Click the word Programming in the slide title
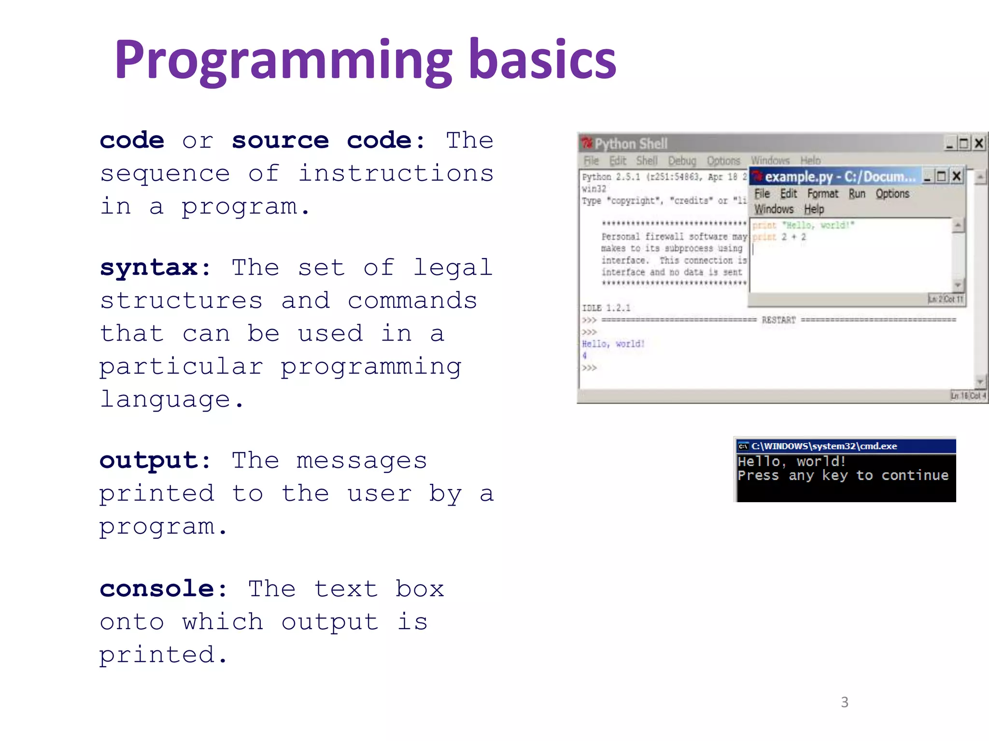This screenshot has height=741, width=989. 283,60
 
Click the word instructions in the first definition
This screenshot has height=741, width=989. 396,173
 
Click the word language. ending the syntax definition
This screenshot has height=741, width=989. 172,399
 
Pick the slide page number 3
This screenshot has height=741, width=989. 844,702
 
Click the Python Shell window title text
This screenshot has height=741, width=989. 631,144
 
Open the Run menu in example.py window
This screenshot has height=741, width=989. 857,194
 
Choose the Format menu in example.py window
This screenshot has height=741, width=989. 823,194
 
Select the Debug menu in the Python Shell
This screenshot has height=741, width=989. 682,161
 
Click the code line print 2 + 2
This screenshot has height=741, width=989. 779,237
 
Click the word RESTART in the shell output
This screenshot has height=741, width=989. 778,320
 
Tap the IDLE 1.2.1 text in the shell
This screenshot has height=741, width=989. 606,308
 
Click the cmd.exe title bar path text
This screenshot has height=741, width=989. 824,446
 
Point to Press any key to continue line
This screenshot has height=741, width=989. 843,476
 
